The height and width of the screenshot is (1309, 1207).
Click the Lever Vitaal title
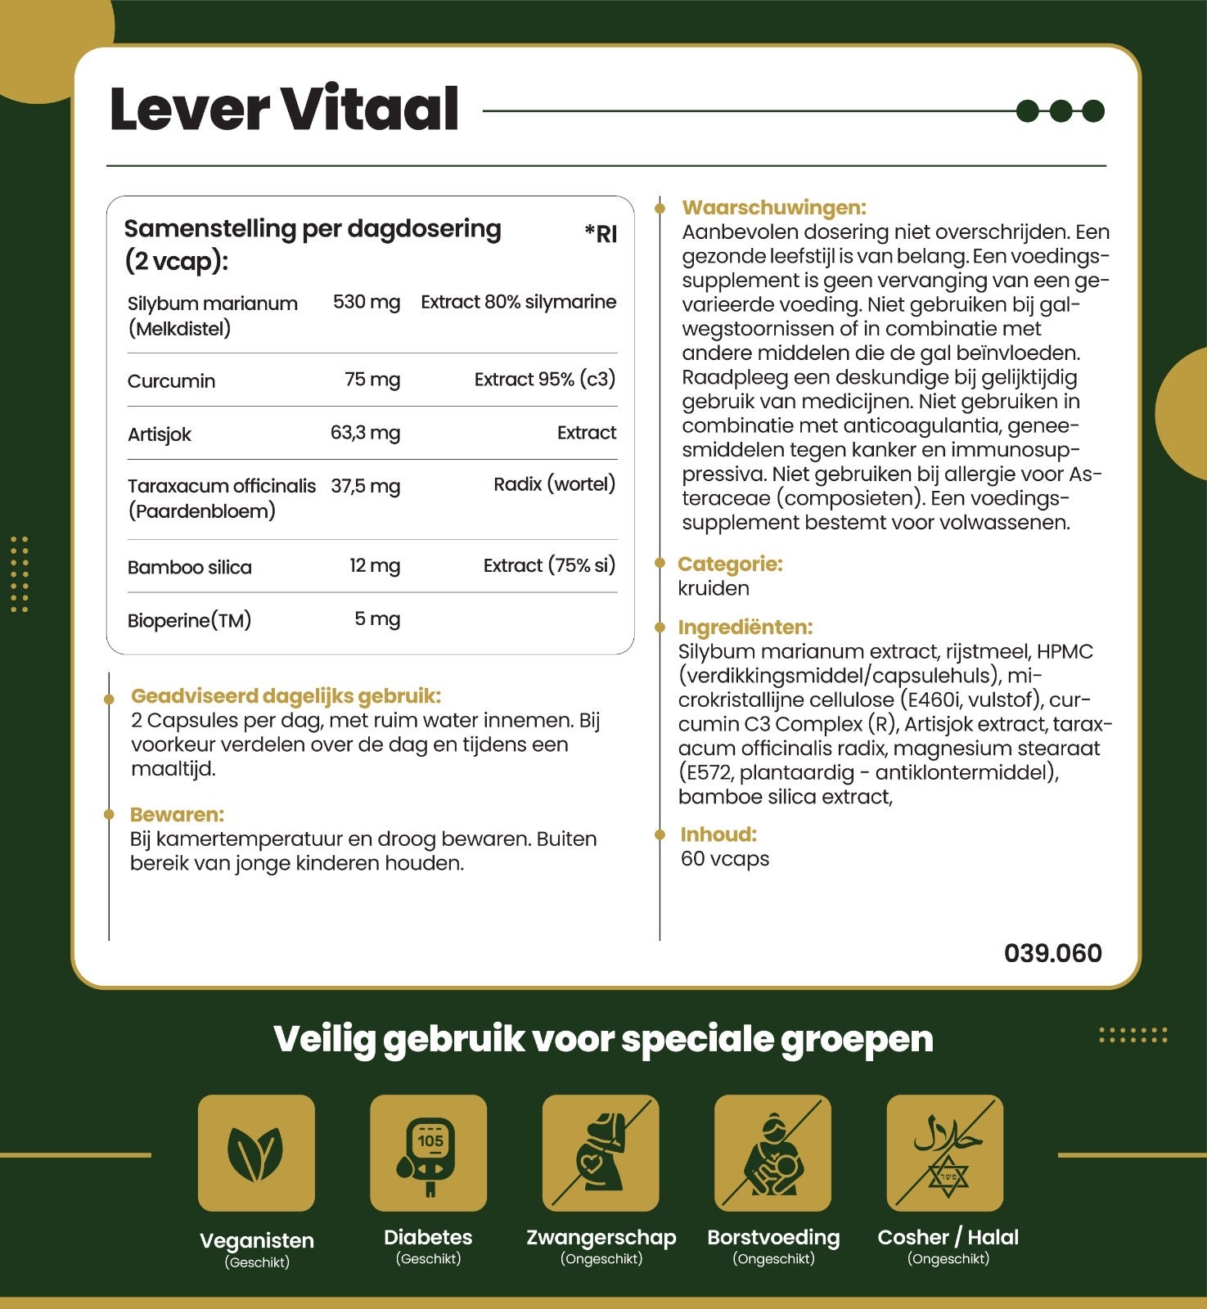pos(283,110)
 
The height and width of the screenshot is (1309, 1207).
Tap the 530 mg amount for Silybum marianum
pos(366,302)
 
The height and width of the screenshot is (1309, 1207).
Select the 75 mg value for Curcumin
pos(372,380)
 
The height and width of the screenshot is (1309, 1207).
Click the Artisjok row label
pos(160,434)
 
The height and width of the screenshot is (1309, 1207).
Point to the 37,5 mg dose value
pos(365,486)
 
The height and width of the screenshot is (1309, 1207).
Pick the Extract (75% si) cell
pos(548,565)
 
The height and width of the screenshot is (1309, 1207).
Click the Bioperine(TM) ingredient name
pos(189,620)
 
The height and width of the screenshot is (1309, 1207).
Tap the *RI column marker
pos(601,234)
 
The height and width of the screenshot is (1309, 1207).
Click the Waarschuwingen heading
pos(773,208)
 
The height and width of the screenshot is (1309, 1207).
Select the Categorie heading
pos(730,564)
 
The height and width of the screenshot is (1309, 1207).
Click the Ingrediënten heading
pos(745,628)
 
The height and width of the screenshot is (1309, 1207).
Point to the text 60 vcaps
pos(725,859)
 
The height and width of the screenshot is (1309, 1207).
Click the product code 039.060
pos(1052,953)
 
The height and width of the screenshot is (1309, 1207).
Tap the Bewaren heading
pos(177,815)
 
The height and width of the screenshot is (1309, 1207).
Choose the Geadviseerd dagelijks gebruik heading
pos(286,696)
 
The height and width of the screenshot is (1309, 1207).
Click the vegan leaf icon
pos(256,1153)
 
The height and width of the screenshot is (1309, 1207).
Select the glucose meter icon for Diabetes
pos(428,1153)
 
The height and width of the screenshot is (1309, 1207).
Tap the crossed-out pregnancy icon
pos(601,1153)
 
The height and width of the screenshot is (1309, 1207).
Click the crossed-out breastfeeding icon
pos(772,1153)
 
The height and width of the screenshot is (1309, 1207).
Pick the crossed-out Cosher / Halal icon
pos(945,1153)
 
